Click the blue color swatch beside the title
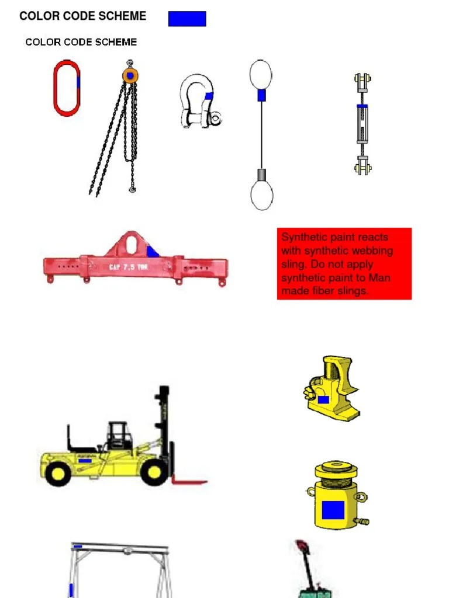pyautogui.click(x=187, y=19)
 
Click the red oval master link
pyautogui.click(x=55, y=88)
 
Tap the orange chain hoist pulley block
pyautogui.click(x=130, y=75)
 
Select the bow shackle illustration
pyautogui.click(x=200, y=102)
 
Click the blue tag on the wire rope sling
pyautogui.click(x=261, y=95)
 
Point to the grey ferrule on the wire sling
pyautogui.click(x=262, y=175)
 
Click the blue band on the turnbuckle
pyautogui.click(x=362, y=106)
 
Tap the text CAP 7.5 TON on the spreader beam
pyautogui.click(x=128, y=266)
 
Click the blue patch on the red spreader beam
pyautogui.click(x=152, y=252)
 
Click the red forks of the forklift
pyautogui.click(x=189, y=481)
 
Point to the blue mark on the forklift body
pyautogui.click(x=85, y=461)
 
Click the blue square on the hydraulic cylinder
pyautogui.click(x=333, y=510)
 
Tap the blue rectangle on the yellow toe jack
pyautogui.click(x=323, y=399)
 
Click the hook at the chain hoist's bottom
pyautogui.click(x=132, y=189)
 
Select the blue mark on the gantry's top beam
pyautogui.click(x=78, y=547)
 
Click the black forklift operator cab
pyautogui.click(x=118, y=434)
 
